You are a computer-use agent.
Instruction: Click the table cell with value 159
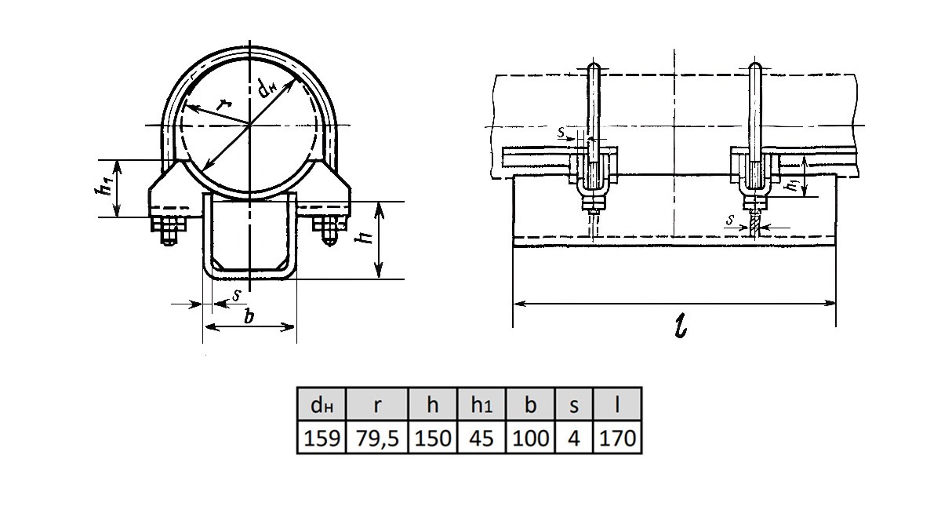coord(322,437)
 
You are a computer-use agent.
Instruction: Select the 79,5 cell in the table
coord(377,437)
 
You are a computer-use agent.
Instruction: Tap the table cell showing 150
coord(433,437)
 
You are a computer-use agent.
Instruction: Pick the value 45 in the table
coord(481,437)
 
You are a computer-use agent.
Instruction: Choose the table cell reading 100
coord(531,437)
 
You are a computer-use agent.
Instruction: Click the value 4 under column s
coord(574,437)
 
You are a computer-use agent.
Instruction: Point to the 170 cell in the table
coord(617,437)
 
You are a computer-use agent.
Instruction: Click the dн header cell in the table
coord(322,404)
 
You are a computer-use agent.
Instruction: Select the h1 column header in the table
coord(481,404)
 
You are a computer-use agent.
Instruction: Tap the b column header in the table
coord(531,404)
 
